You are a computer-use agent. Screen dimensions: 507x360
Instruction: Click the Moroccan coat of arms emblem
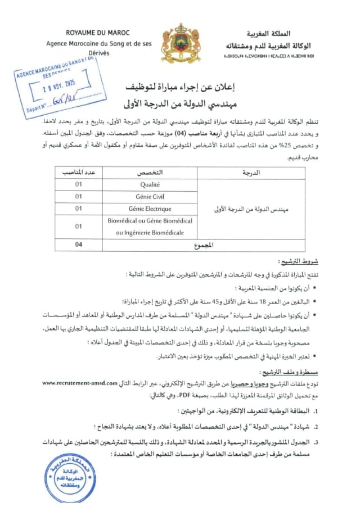pos(181,43)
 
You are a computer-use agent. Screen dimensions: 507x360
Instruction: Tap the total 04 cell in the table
pos(79,245)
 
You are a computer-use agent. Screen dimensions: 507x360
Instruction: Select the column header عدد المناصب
pos(79,172)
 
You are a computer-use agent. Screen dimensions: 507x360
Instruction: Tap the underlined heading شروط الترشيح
pos(298,261)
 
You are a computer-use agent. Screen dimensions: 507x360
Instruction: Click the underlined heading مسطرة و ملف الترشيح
pos(286,372)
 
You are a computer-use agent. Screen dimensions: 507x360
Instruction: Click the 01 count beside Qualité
pos(79,184)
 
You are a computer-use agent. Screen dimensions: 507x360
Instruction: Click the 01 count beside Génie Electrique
pos(79,209)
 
